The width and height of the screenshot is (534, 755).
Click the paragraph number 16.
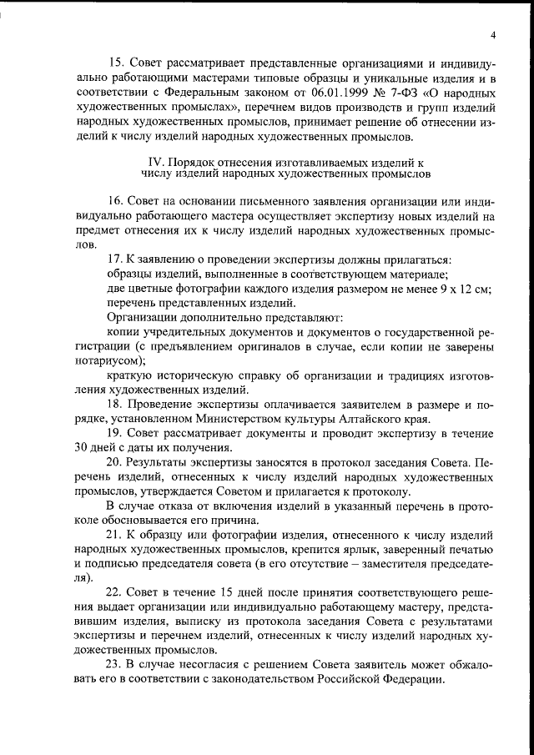click(x=116, y=201)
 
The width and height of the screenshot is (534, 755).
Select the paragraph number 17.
click(x=116, y=260)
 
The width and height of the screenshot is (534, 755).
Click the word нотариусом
click(x=110, y=360)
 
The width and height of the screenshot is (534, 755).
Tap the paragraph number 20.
click(x=116, y=462)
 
